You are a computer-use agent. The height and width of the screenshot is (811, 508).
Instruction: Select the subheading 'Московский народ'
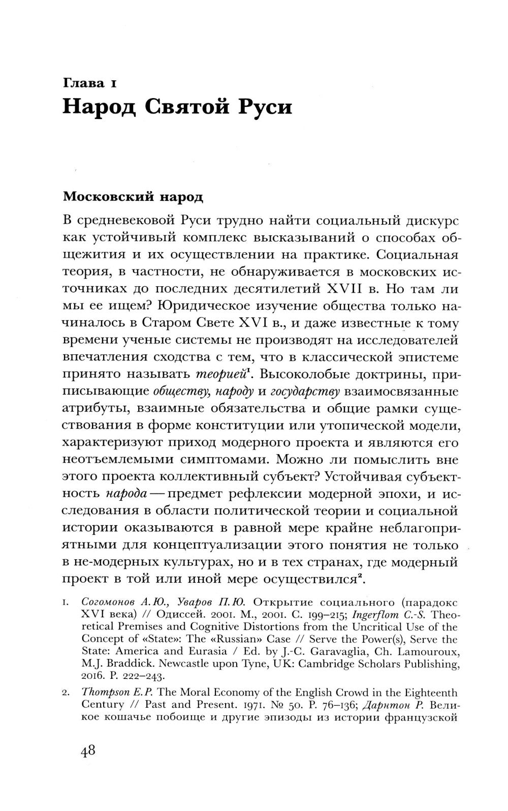point(132,196)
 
